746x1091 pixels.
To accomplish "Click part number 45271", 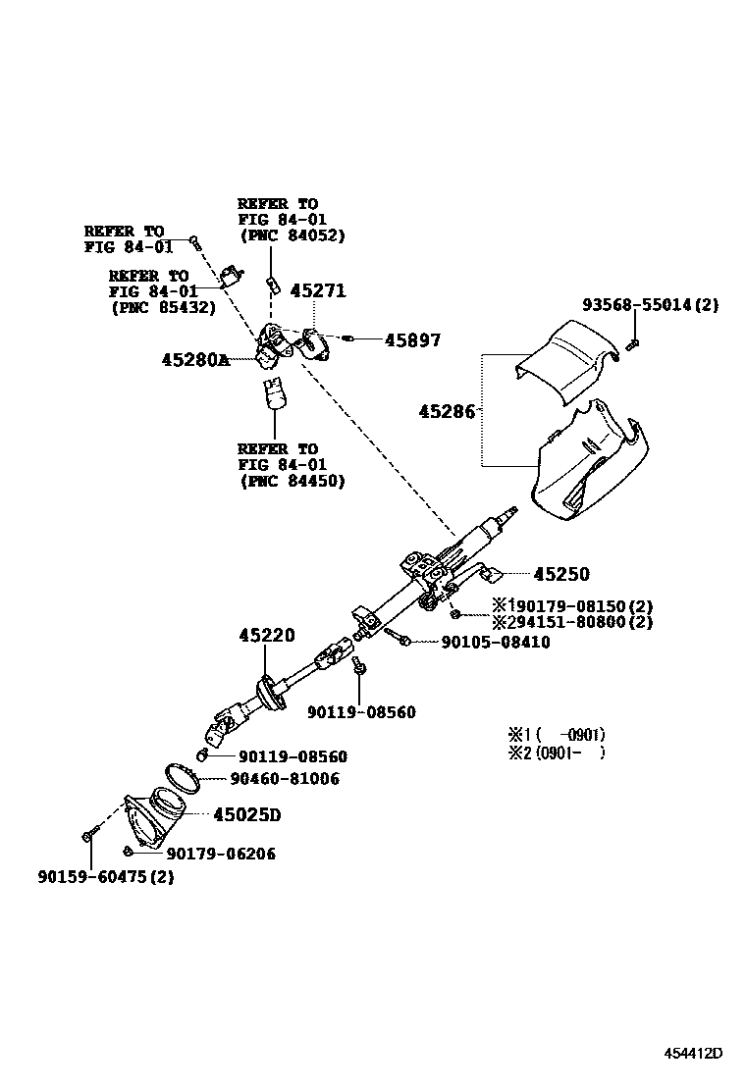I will (x=318, y=291).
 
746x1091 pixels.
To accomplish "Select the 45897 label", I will (x=412, y=340).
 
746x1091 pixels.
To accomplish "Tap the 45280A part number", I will (x=195, y=360).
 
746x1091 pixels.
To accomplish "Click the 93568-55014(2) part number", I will (x=650, y=305).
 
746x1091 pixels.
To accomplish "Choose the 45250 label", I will (x=561, y=574).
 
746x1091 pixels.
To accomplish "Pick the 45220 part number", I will (x=266, y=636).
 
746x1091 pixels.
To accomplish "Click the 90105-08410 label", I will (x=482, y=643).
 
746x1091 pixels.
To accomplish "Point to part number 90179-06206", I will (x=221, y=854).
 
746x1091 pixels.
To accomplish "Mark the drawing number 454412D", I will (x=691, y=1054).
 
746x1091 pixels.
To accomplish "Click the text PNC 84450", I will (x=293, y=481).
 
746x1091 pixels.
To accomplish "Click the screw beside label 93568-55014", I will (x=632, y=343).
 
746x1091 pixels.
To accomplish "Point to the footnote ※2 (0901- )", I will (x=556, y=753).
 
